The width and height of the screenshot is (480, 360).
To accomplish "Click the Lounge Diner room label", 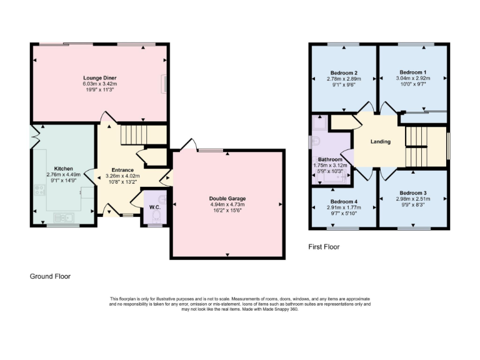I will [100, 78].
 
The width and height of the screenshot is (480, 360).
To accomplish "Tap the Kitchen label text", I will [64, 169].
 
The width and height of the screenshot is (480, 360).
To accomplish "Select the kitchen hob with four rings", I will [40, 190].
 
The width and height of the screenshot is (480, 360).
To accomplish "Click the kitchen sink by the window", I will [64, 217].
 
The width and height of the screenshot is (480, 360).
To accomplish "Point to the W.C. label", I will [154, 207].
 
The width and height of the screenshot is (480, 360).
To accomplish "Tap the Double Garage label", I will [227, 198].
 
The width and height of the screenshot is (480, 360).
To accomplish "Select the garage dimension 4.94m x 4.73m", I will [227, 204].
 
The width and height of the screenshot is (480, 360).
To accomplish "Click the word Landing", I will [380, 142].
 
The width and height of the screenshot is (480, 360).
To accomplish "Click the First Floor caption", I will [324, 247].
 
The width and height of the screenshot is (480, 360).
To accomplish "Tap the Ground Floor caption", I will [51, 276].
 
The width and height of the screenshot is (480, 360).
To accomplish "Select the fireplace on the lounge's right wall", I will [164, 83].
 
